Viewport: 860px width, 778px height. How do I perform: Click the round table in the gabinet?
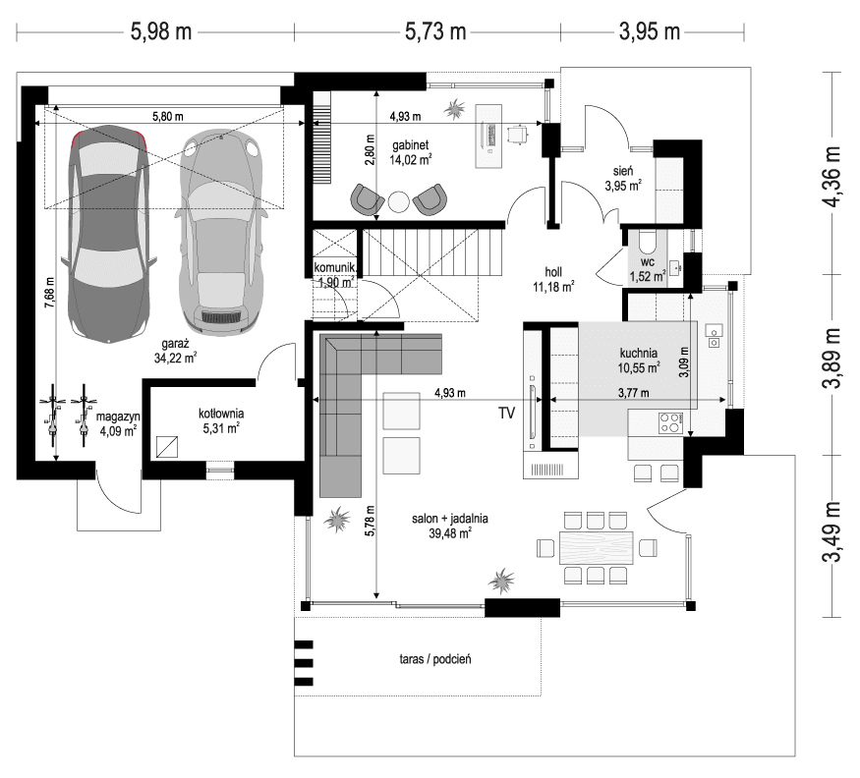coord(398,201)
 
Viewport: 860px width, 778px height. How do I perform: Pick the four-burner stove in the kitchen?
coord(669,423)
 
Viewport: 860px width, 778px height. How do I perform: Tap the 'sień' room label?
coord(622,170)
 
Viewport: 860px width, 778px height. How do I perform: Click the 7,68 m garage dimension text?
coord(48,295)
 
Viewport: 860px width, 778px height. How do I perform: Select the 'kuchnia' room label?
coord(639,355)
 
